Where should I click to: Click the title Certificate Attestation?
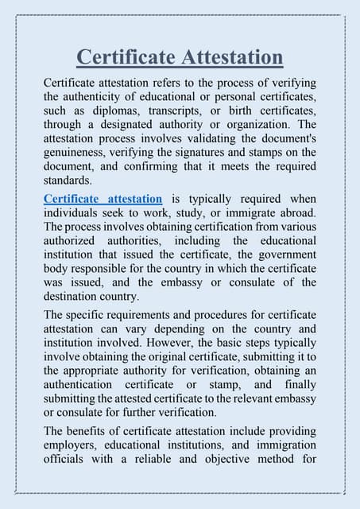(180, 57)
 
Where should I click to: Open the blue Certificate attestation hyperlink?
(103, 198)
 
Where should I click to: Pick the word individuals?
(72, 212)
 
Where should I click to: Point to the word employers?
(72, 445)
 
